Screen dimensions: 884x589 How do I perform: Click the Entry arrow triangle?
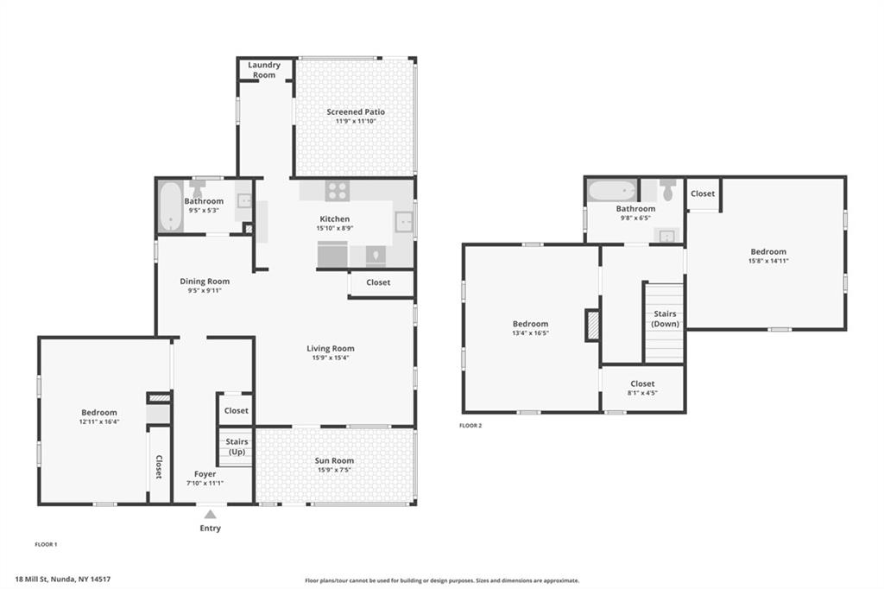[x=211, y=514]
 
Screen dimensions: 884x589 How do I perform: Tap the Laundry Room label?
[x=264, y=70]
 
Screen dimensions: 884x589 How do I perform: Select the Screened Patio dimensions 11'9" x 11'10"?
[x=356, y=121]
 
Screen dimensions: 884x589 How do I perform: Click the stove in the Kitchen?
[x=338, y=191]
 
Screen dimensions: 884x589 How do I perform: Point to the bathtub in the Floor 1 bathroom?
[x=170, y=206]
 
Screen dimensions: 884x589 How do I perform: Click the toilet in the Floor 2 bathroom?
[x=668, y=189]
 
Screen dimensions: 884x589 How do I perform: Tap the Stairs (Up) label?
[x=237, y=446]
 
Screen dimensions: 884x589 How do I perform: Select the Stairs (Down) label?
[x=666, y=319]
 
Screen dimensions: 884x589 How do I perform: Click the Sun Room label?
[x=334, y=460]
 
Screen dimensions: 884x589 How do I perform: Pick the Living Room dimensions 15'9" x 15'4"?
[x=331, y=358]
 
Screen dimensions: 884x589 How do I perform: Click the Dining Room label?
[x=205, y=281]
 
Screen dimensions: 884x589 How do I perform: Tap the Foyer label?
[x=205, y=474]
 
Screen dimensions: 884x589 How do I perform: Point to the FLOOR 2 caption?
[x=470, y=426]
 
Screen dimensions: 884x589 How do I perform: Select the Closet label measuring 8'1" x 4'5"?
[x=642, y=383]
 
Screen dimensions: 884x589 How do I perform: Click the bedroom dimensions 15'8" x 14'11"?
[x=768, y=261]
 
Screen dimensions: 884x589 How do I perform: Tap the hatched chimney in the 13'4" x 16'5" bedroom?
[x=592, y=325]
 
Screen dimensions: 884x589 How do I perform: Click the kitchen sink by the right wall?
[x=404, y=222]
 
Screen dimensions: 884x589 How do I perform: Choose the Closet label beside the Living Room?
[x=378, y=282]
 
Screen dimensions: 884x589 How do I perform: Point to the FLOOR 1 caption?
[x=47, y=544]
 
